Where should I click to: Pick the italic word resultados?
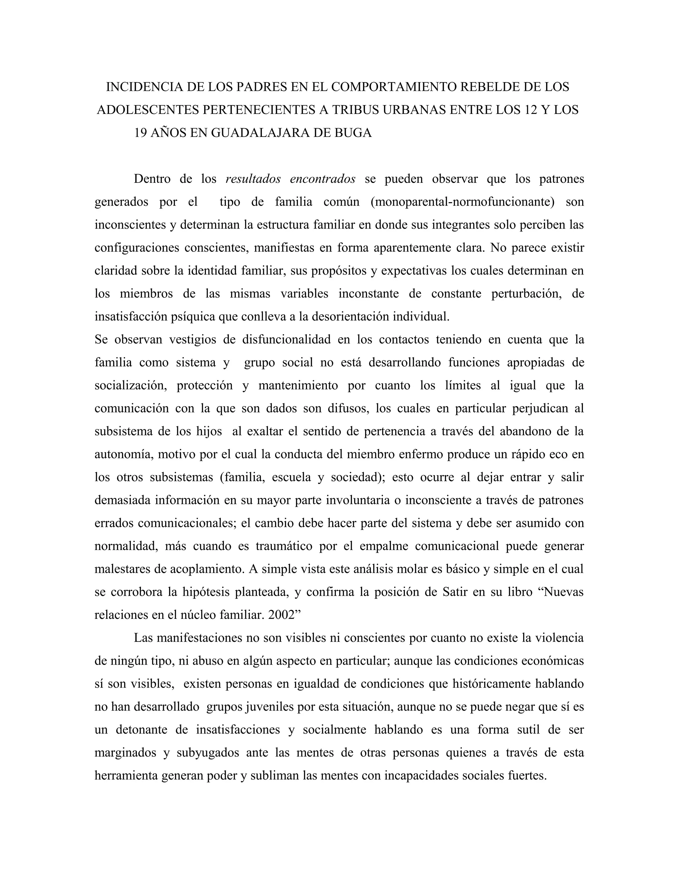253,179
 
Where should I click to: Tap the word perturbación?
526,294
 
